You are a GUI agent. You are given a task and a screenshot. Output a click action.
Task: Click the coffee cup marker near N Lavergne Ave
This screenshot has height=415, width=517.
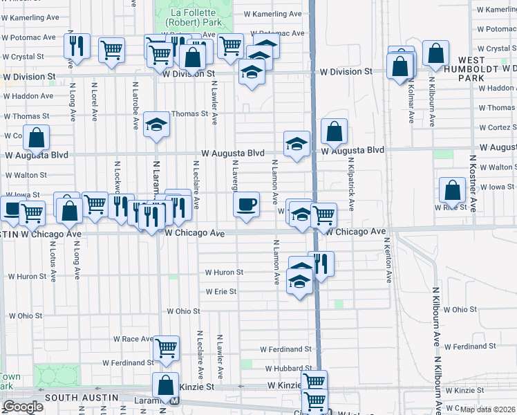click(x=246, y=205)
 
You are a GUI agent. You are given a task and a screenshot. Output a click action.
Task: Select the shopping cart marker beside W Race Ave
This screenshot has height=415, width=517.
click(x=166, y=349)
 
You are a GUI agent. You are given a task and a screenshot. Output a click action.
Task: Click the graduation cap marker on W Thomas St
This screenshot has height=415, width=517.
click(x=156, y=124)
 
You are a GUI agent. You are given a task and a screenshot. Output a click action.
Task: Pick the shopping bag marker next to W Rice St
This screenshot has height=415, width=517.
click(x=452, y=190)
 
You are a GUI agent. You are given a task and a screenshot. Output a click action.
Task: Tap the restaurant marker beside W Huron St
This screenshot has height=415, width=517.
click(x=321, y=264)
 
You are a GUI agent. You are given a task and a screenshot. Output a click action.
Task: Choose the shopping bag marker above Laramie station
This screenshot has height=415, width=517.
click(x=166, y=385)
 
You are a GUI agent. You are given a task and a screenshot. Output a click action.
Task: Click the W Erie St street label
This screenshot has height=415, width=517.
click(x=220, y=292)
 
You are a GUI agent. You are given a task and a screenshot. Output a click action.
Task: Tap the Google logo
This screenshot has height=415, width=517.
click(x=22, y=407)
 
